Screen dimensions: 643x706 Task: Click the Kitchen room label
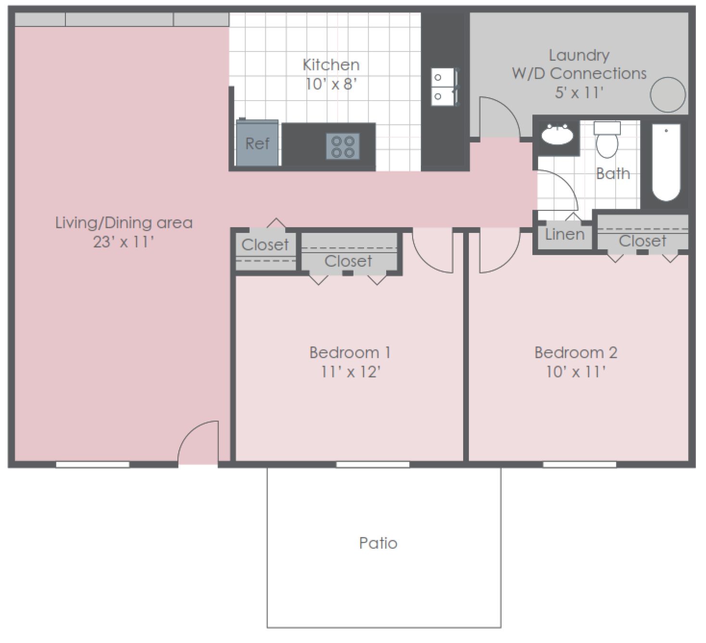click(x=331, y=65)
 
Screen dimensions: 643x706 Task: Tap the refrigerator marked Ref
click(x=257, y=143)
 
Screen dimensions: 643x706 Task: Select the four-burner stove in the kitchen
click(x=343, y=146)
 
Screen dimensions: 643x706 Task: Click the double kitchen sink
click(x=443, y=87)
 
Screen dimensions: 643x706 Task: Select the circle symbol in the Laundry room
click(x=668, y=95)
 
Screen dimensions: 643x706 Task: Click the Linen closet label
click(x=565, y=235)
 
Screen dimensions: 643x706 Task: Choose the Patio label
click(x=378, y=543)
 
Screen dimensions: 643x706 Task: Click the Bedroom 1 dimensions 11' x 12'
click(x=351, y=372)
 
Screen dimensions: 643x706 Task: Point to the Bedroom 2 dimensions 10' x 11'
click(x=576, y=372)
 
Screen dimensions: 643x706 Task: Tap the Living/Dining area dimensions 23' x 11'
click(x=124, y=242)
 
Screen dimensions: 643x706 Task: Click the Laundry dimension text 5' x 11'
click(x=579, y=92)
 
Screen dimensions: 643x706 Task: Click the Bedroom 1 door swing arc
click(x=433, y=253)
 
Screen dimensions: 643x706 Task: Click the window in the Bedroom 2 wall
click(x=580, y=464)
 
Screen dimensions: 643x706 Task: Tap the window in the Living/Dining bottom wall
click(x=93, y=464)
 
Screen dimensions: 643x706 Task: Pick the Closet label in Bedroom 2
click(x=643, y=241)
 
